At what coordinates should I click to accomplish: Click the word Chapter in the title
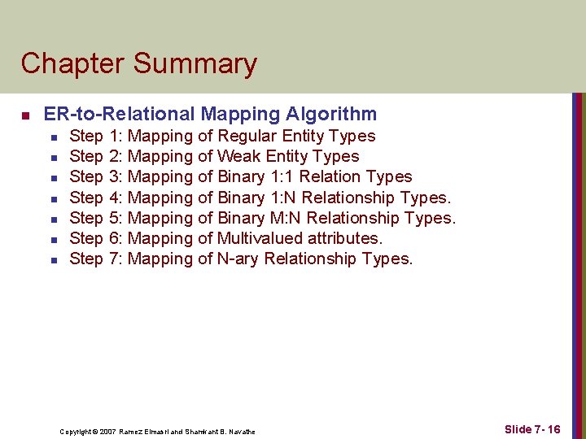pyautogui.click(x=72, y=63)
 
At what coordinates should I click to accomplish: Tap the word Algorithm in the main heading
pyautogui.click(x=330, y=114)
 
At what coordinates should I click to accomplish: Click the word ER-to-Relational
pyautogui.click(x=120, y=114)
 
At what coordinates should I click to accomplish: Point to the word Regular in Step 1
pyautogui.click(x=248, y=136)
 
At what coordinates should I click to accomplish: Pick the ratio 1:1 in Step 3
pyautogui.click(x=282, y=176)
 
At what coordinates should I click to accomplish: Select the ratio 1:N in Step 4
pyautogui.click(x=283, y=198)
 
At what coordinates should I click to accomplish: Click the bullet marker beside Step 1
pyautogui.click(x=53, y=137)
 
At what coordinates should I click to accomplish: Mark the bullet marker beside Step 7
pyautogui.click(x=53, y=259)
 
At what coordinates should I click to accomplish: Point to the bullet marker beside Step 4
pyautogui.click(x=53, y=198)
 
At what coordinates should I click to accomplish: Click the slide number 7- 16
pyautogui.click(x=546, y=429)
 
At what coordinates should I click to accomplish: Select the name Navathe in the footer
pyautogui.click(x=240, y=432)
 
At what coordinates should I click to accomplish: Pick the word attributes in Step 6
pyautogui.click(x=342, y=238)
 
